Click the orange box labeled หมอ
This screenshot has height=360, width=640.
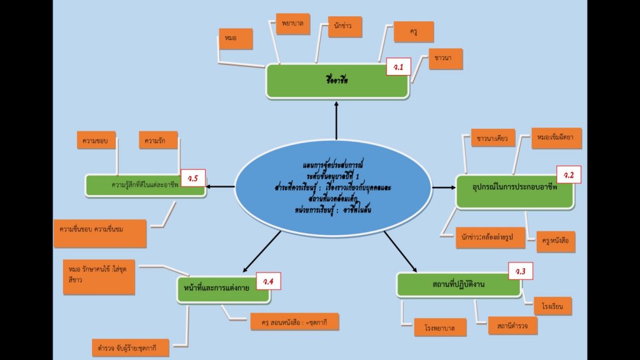click(236, 39)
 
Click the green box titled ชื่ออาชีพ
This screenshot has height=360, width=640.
click(337, 81)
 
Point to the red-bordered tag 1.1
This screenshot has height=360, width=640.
click(398, 66)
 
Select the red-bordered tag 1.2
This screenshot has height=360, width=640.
click(569, 175)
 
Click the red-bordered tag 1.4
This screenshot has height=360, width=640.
click(268, 282)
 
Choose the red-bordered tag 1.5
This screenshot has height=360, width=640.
click(192, 179)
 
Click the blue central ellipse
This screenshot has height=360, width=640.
click(333, 185)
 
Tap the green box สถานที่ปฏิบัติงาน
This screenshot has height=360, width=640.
click(459, 284)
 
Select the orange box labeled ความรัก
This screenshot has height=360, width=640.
click(159, 140)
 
